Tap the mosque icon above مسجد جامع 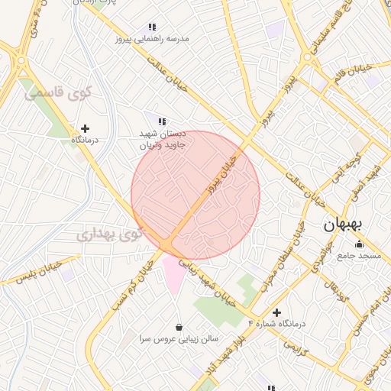pos(359,244)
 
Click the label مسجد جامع pos(360,256)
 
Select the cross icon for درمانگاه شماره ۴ pos(276,312)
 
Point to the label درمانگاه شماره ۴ pos(276,325)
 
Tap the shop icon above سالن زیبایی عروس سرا pos(179,326)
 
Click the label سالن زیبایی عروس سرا pos(179,338)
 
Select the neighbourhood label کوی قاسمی pos(58,94)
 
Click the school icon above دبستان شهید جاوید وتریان pos(161,121)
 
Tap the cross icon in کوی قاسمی pos(85,128)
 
